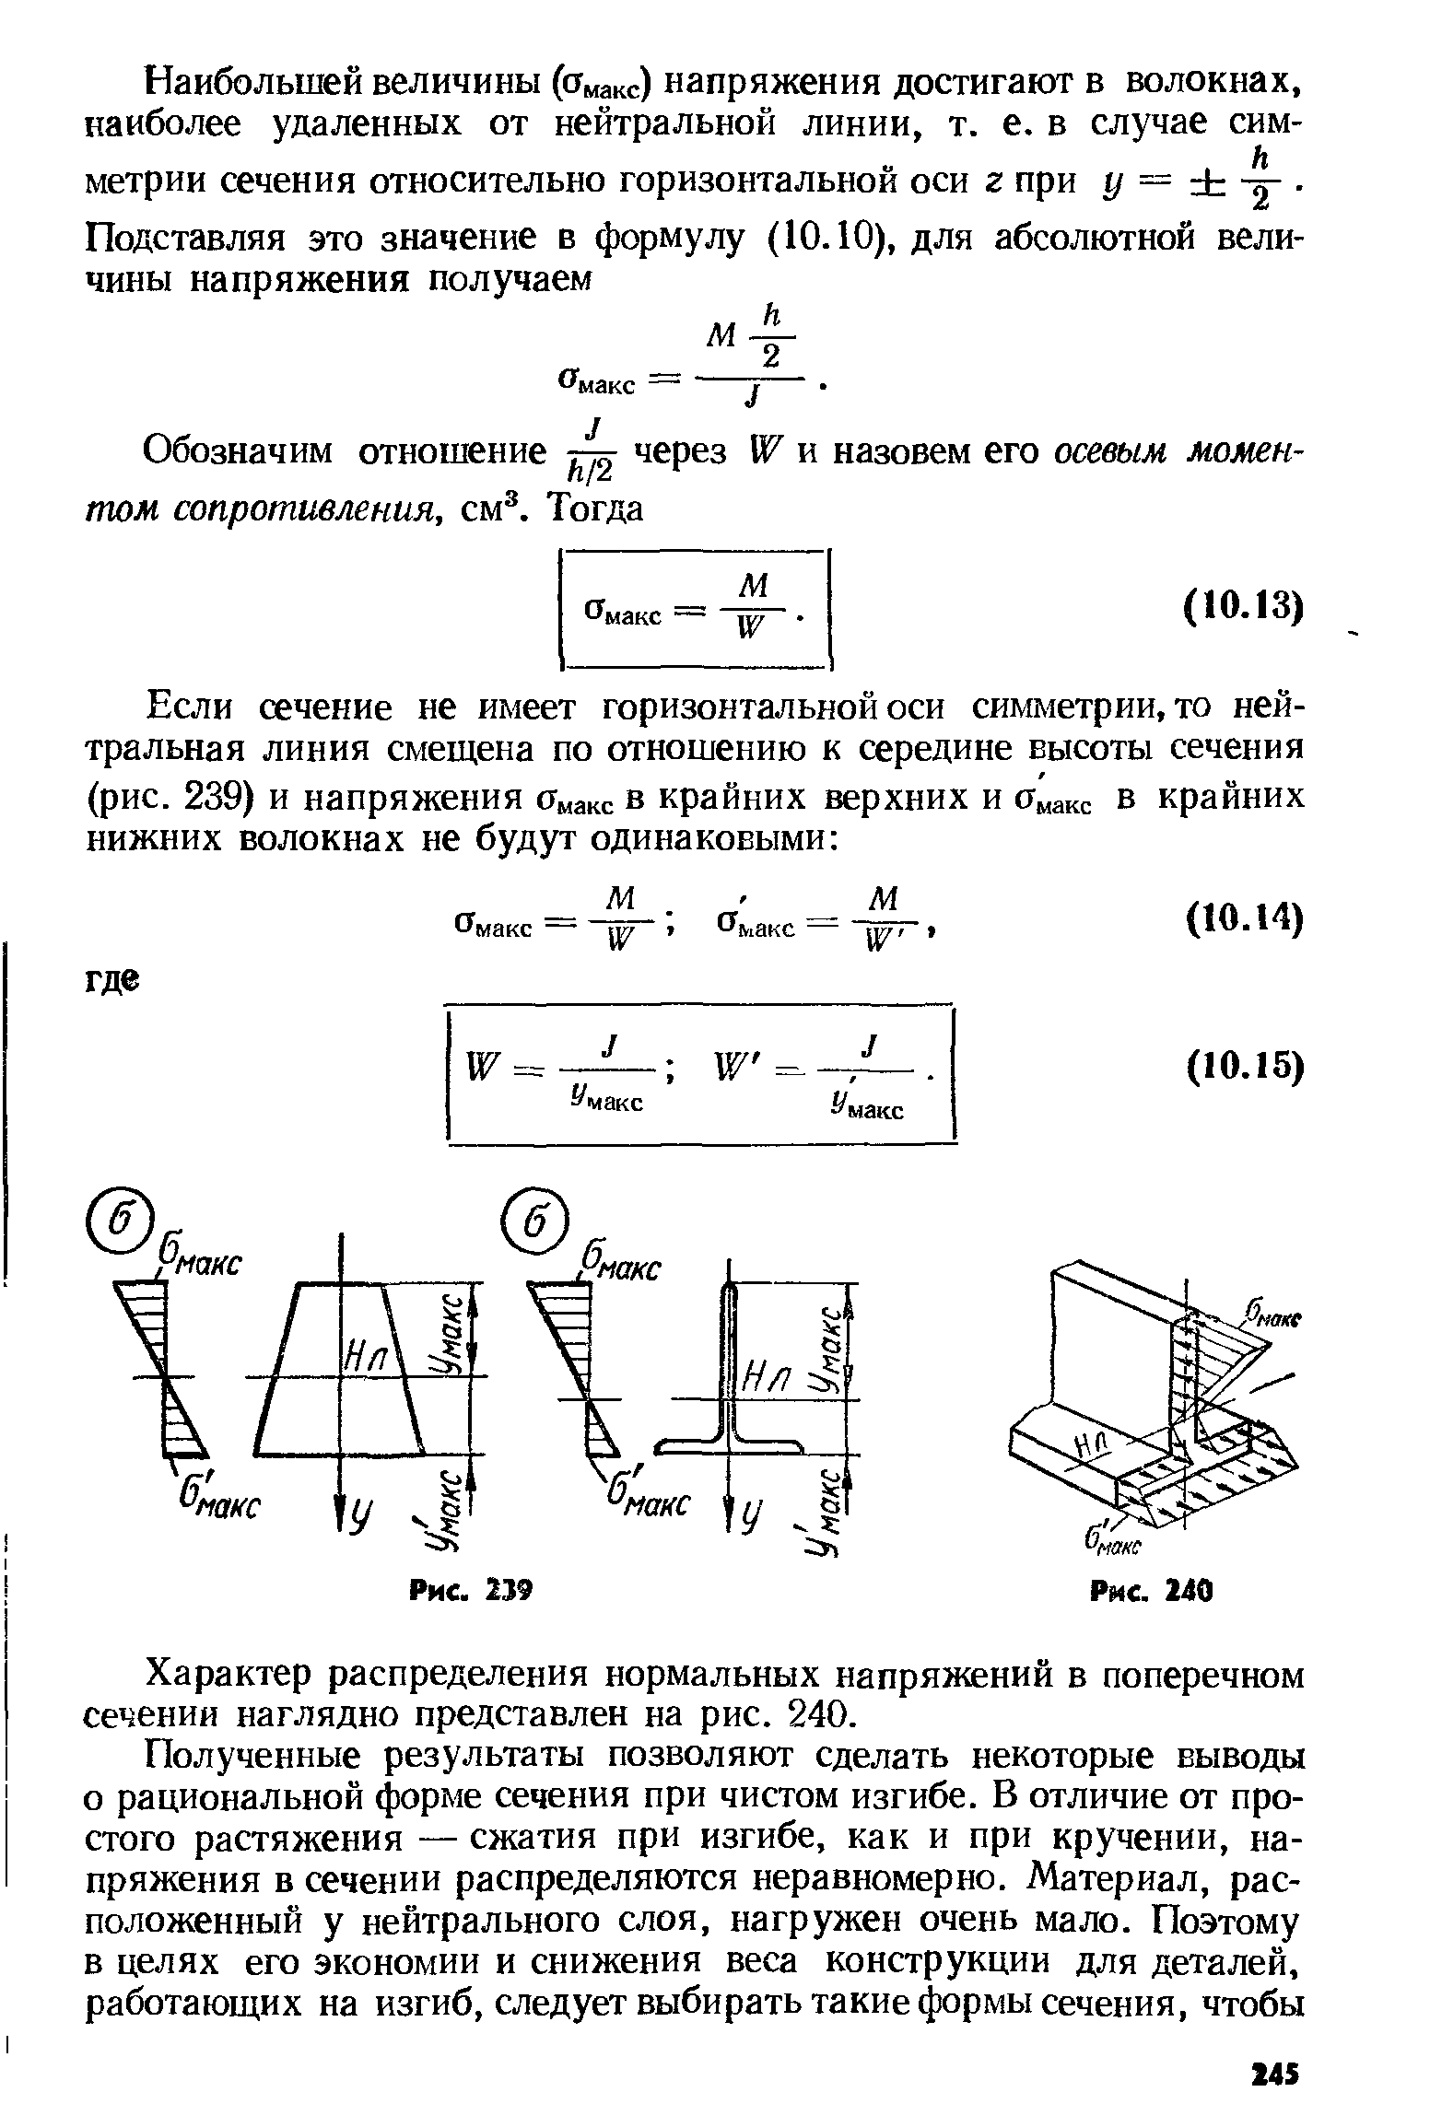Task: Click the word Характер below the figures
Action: (233, 1674)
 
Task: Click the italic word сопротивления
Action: (260, 508)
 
